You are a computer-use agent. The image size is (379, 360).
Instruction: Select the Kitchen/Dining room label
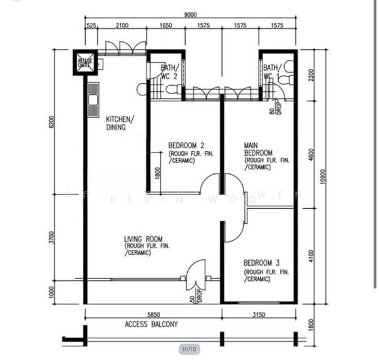(x=120, y=123)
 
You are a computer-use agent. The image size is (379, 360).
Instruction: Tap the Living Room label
(x=144, y=238)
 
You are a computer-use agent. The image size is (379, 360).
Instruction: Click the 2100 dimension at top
(x=122, y=26)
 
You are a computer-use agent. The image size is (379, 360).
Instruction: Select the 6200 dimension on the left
(x=52, y=122)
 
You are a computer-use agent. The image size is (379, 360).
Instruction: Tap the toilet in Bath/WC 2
(x=173, y=90)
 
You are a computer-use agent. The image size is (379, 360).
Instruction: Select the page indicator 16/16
(x=189, y=349)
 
